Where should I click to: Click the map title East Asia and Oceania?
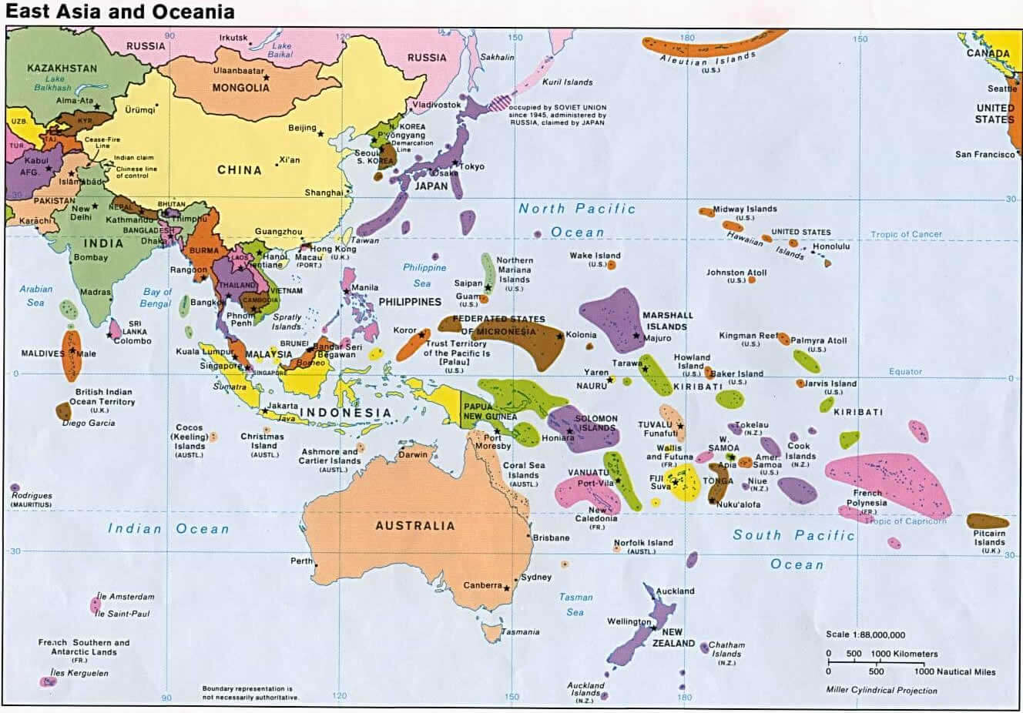(x=119, y=12)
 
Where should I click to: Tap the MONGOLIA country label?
(x=240, y=88)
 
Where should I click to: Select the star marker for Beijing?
(x=320, y=134)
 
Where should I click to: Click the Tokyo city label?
(x=471, y=166)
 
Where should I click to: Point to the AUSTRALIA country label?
(x=414, y=526)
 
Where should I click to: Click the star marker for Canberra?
(x=506, y=587)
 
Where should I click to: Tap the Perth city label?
(x=301, y=561)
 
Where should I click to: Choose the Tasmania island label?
(x=520, y=632)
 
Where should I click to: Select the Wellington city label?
(x=629, y=621)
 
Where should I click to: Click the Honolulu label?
(x=831, y=246)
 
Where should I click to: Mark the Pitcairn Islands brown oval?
(x=988, y=521)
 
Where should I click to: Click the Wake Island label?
(x=595, y=256)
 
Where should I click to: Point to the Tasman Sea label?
(x=575, y=604)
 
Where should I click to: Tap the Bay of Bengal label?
(x=156, y=297)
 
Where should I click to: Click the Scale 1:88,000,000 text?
(x=865, y=634)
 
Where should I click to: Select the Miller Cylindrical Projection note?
(x=881, y=690)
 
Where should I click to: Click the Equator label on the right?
(x=905, y=371)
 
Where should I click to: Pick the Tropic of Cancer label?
(x=906, y=234)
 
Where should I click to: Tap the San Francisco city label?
(x=984, y=155)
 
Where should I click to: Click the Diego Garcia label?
(x=89, y=423)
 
